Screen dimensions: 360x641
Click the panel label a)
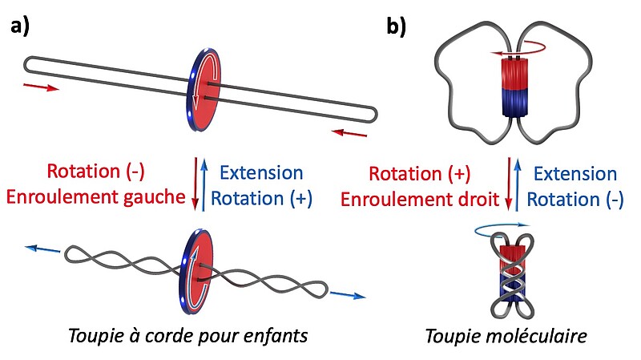(x=20, y=26)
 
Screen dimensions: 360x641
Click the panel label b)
(x=397, y=26)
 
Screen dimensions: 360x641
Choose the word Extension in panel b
(x=575, y=172)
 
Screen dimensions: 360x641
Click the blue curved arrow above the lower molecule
(x=502, y=231)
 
